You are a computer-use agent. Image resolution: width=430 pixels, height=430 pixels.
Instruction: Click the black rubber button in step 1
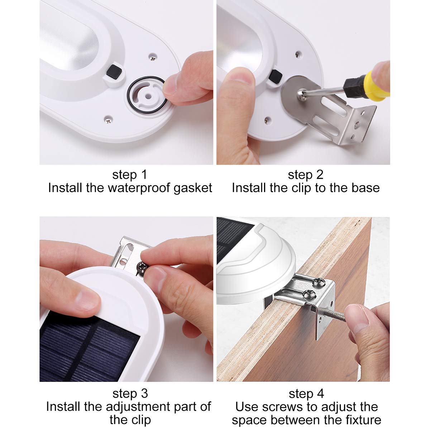(114, 71)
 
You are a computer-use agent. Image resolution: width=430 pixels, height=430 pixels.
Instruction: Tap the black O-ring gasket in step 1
(128, 94)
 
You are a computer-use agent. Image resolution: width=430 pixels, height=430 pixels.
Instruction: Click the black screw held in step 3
(142, 267)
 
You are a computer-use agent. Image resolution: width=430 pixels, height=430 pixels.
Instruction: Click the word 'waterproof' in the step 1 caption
(139, 188)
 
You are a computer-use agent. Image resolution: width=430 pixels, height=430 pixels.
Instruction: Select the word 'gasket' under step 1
(193, 188)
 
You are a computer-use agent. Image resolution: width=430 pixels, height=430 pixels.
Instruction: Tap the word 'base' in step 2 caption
(365, 188)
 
